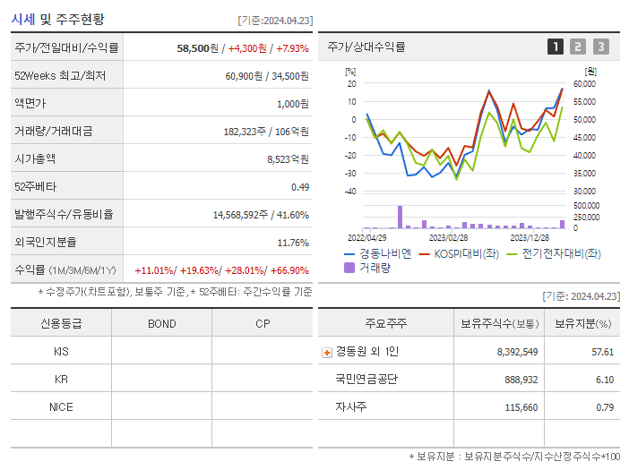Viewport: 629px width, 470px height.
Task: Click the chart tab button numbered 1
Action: click(x=556, y=47)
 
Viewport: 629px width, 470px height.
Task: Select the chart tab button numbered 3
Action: click(x=600, y=47)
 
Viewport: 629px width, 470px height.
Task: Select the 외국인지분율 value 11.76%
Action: click(x=293, y=242)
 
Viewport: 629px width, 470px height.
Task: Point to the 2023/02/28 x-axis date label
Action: click(x=448, y=237)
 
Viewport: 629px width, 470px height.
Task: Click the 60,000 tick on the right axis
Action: click(x=583, y=84)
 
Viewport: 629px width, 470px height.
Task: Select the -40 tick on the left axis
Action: click(x=351, y=191)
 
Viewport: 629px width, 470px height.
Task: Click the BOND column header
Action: click(x=161, y=323)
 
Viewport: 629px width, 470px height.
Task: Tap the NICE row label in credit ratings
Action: click(x=61, y=406)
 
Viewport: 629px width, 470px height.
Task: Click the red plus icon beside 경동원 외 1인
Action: click(x=326, y=352)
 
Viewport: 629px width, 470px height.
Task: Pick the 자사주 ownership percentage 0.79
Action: click(x=604, y=407)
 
